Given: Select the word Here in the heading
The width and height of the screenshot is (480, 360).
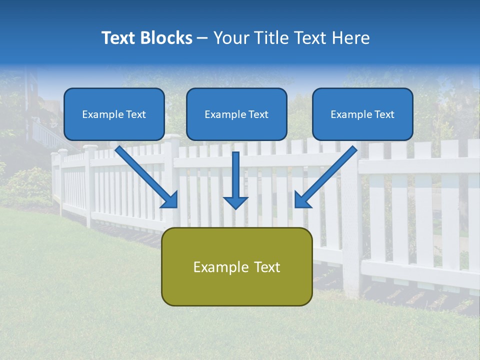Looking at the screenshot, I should (352, 38).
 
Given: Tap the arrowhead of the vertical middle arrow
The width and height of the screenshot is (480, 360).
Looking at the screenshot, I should (235, 201).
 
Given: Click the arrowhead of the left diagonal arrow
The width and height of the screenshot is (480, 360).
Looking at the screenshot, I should (170, 200).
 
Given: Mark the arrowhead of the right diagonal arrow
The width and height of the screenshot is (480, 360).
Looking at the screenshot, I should (301, 200).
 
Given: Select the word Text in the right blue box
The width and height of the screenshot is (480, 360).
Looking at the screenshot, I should (384, 114).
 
